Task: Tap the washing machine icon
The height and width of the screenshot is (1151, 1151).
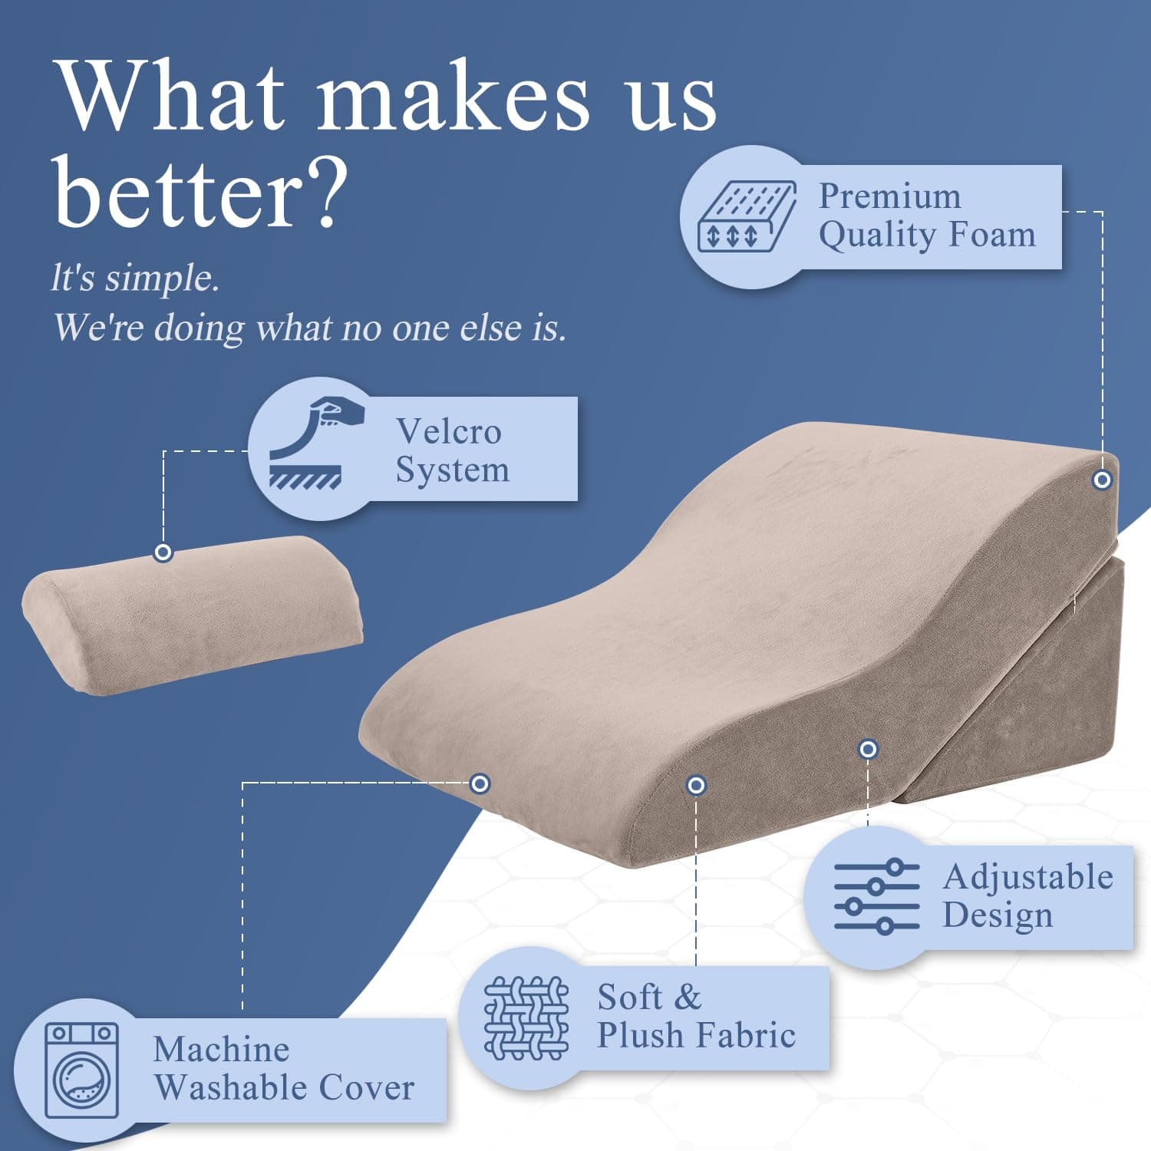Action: [x=81, y=1070]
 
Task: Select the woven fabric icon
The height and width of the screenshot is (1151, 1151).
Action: [x=526, y=1017]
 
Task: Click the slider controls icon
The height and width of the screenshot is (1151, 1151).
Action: [x=876, y=896]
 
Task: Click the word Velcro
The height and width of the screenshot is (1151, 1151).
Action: [x=449, y=431]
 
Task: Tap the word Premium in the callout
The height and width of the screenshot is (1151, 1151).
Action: [x=889, y=196]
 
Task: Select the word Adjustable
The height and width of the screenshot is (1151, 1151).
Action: [x=1028, y=877]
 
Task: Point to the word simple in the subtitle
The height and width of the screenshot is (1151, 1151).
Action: [x=162, y=278]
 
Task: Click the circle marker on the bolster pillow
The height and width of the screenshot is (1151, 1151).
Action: [x=163, y=552]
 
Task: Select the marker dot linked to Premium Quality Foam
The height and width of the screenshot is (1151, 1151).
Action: [x=1102, y=480]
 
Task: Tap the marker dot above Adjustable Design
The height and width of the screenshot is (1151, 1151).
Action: [x=868, y=748]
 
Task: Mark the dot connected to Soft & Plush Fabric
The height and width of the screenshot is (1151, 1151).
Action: [x=696, y=785]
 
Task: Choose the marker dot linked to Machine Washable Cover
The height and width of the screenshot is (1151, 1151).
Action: [x=480, y=783]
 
